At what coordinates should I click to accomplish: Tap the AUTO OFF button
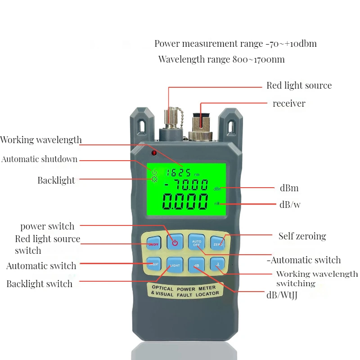click(x=196, y=242)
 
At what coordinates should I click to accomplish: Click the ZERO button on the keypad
click(x=217, y=242)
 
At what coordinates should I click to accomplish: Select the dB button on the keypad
click(x=196, y=265)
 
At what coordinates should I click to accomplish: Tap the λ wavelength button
click(x=217, y=265)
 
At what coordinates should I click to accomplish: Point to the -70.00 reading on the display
click(x=186, y=185)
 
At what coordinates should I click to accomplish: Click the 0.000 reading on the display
click(x=185, y=202)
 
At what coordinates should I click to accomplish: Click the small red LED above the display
click(x=154, y=153)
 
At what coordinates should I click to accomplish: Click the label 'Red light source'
click(x=299, y=85)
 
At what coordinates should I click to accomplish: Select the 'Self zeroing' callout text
click(x=302, y=236)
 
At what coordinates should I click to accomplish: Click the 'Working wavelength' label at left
click(x=41, y=139)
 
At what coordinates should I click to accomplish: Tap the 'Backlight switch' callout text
click(x=39, y=284)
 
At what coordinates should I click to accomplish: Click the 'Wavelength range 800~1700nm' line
click(x=221, y=59)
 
